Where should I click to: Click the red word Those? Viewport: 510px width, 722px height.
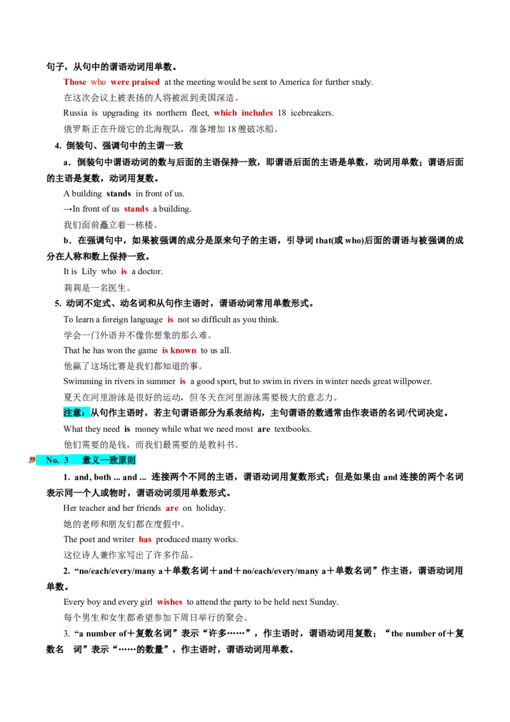point(73,82)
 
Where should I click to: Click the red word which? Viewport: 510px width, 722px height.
point(226,112)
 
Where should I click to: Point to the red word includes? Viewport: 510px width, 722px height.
point(258,112)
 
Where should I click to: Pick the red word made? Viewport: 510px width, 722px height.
point(136,209)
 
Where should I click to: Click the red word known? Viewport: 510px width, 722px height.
point(184,351)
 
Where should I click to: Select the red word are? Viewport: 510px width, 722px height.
point(171,509)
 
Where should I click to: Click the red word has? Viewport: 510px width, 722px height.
point(145,540)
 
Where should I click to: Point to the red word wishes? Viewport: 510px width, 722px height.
point(169,602)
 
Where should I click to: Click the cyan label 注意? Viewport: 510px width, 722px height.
point(73,413)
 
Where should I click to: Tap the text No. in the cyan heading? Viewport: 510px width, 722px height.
point(52,460)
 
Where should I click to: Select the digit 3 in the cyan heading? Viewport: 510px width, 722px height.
point(66,460)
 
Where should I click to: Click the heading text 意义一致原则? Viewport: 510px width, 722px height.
point(108,460)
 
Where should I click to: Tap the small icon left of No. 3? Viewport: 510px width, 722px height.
point(31,459)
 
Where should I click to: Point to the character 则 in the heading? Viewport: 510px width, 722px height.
point(131,460)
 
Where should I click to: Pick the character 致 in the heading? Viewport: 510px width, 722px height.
point(113,460)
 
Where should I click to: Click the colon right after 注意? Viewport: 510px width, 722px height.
point(87,413)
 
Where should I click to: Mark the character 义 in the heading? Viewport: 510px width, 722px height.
point(96,460)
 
